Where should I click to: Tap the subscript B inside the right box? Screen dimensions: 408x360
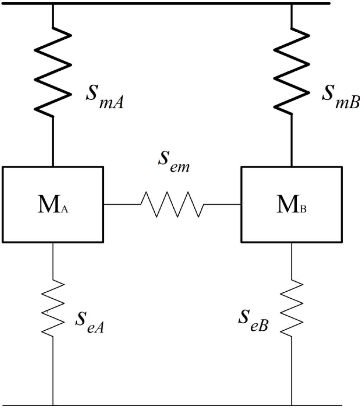[x=304, y=210]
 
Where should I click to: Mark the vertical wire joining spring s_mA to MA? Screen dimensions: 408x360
[x=53, y=141]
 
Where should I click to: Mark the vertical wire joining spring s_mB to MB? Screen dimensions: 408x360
[x=291, y=141]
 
